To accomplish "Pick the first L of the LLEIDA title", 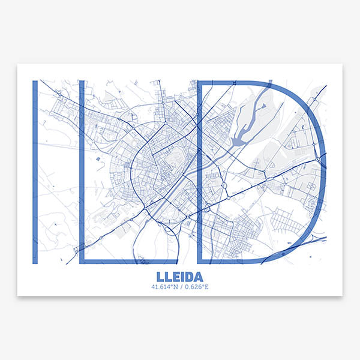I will (160, 277).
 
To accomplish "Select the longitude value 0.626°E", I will (195, 287).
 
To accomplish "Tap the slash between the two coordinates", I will (180, 287).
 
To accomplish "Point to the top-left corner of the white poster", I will (17, 64).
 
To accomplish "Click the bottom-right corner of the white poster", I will (342, 296).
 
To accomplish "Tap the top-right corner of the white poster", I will (342, 64).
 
